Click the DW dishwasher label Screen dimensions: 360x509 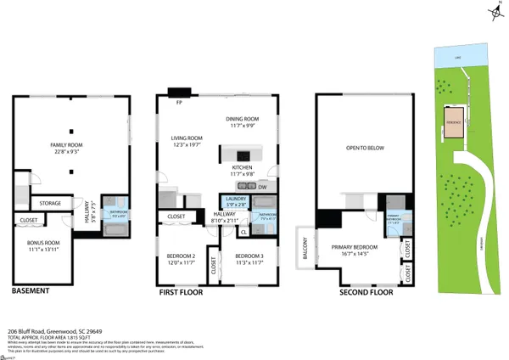point(262,187)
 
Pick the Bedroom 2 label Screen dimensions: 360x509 point(182,259)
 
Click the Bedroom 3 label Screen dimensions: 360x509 point(249,259)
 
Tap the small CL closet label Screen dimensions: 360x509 point(244,231)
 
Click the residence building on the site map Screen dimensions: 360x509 point(455,121)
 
